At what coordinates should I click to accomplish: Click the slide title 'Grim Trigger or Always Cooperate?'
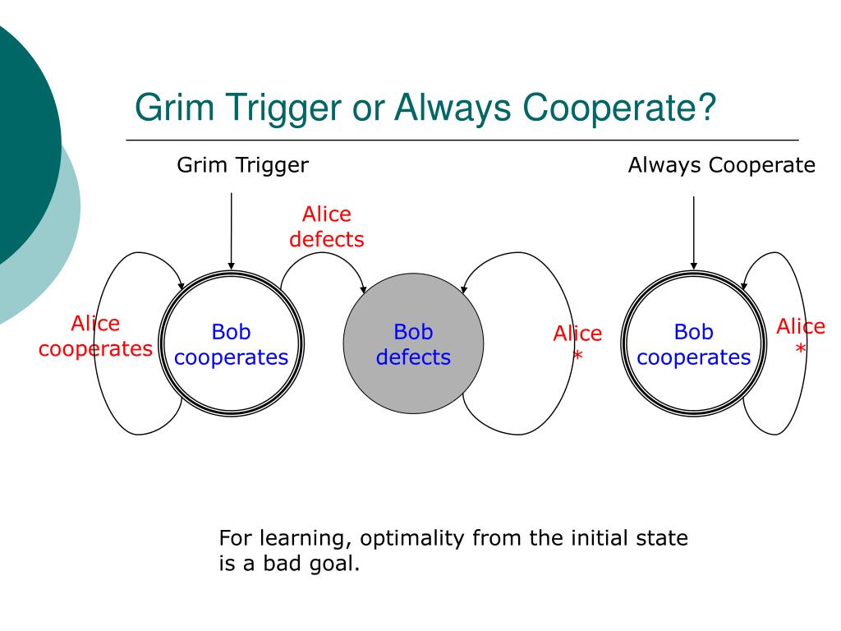point(425,108)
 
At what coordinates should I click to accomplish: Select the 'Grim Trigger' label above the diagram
point(243,165)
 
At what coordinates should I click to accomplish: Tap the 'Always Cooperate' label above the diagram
point(721,165)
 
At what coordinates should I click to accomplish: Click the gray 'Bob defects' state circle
point(413,344)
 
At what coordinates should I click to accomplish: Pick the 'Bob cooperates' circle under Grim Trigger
point(232,344)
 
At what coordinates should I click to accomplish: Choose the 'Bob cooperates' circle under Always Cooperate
point(693,344)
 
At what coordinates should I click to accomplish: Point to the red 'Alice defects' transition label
point(326,227)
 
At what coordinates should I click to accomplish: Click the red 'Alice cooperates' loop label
point(95,336)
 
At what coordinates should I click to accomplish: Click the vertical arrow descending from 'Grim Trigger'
point(232,230)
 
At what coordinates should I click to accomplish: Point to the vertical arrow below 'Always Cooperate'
point(694,232)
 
